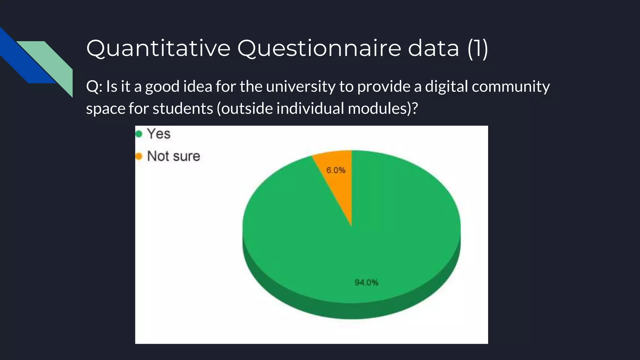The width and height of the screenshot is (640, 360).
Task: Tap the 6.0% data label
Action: coord(336,170)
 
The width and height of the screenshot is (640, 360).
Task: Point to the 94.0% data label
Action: coord(366,282)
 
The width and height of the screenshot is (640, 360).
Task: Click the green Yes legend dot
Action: coord(139,134)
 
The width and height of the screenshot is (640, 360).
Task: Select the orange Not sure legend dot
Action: coord(139,156)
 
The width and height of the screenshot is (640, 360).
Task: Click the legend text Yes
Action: coord(159,134)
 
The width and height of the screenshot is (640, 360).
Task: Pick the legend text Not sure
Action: coord(173,156)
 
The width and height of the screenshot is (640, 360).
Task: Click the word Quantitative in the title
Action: coord(158,48)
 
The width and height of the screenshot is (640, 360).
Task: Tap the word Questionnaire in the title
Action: coord(319,48)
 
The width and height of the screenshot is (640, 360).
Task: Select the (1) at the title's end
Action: coord(478,48)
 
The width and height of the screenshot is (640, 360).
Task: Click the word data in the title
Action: coord(433,48)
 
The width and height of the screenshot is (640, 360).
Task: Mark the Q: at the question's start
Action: coord(94,87)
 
